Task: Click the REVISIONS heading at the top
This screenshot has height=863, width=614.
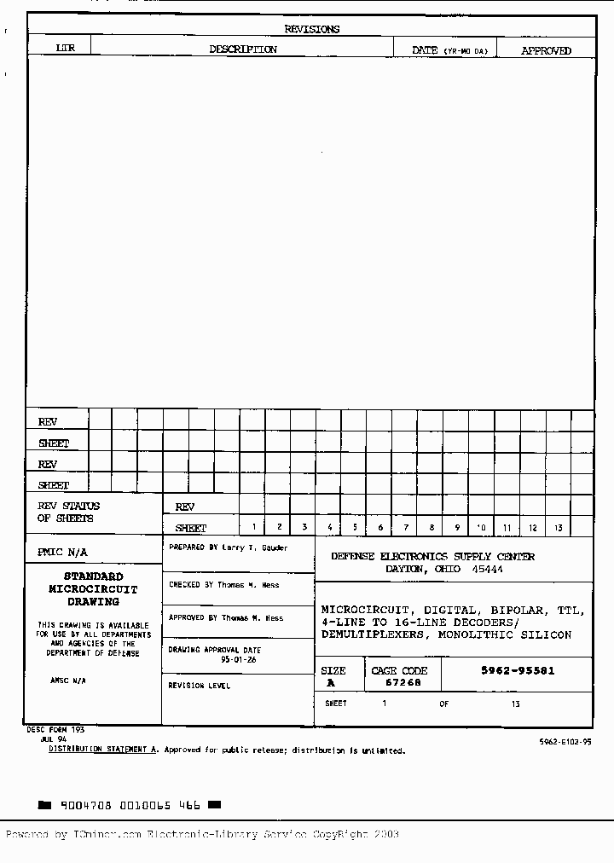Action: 311,29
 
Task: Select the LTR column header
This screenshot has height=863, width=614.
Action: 65,49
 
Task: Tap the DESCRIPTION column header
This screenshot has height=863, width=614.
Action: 243,49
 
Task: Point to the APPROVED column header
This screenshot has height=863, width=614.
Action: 546,50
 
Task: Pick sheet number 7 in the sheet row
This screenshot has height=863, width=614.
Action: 406,528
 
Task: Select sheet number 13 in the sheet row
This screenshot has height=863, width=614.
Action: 558,528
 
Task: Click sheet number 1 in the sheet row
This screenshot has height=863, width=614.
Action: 253,528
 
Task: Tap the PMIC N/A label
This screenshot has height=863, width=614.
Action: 62,552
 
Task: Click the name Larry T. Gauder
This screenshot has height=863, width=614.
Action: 255,547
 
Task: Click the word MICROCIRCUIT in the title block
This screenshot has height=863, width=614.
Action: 358,610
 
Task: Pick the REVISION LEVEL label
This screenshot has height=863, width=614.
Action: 199,686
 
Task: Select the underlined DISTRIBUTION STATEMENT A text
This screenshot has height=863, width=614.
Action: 103,750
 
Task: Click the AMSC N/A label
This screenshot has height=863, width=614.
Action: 68,681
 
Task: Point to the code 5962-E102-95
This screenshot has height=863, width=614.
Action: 565,743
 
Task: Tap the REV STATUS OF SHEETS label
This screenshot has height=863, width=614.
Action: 68,512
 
